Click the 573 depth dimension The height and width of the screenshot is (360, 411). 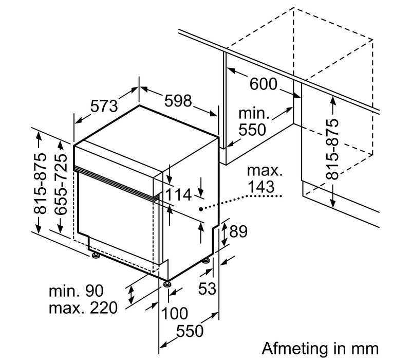[x=104, y=106]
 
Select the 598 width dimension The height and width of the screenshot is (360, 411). [x=178, y=101]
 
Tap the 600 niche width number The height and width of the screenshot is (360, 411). [x=263, y=84]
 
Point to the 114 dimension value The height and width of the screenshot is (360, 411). [x=179, y=195]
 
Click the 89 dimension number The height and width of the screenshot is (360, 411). [x=238, y=231]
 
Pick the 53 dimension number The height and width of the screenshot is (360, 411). [x=207, y=289]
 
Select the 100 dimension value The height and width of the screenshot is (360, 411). [x=175, y=313]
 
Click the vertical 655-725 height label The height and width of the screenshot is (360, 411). [x=61, y=185]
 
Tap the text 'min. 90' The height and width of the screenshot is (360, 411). [x=76, y=291]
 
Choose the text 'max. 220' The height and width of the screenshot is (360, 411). [x=83, y=308]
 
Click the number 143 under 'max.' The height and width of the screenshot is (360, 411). [x=261, y=187]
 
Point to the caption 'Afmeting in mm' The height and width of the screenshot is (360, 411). [x=320, y=349]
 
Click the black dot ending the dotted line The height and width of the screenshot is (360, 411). [x=200, y=209]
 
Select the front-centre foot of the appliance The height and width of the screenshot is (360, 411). [x=166, y=284]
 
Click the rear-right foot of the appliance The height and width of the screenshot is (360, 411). [x=207, y=261]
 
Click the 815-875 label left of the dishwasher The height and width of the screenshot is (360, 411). [x=41, y=183]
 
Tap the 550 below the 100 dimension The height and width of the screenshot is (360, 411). [x=190, y=331]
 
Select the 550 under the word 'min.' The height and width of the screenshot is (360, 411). [x=252, y=130]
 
